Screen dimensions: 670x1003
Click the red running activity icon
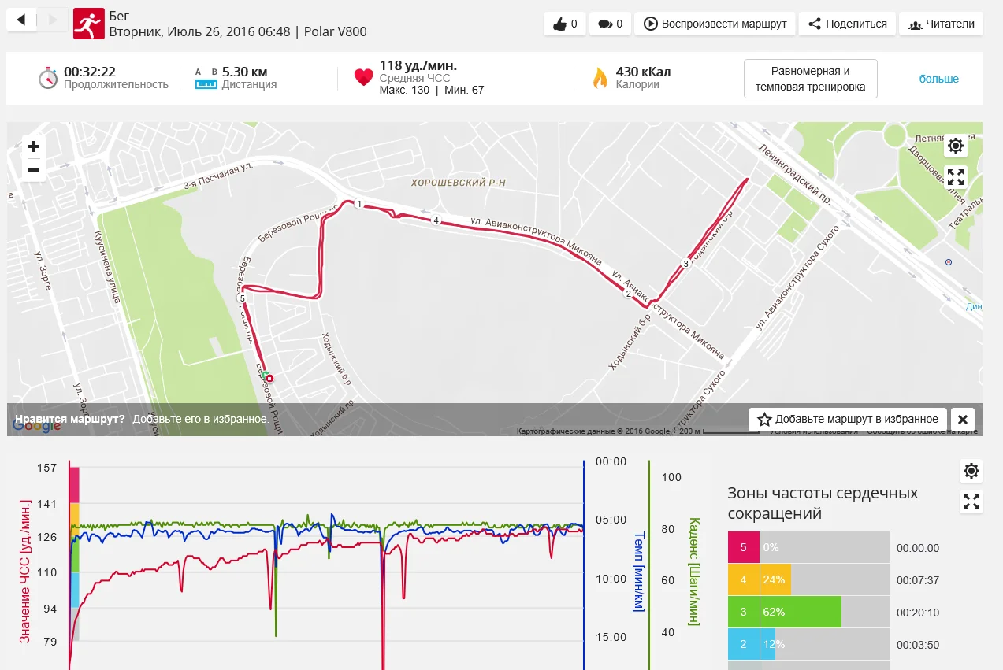88,24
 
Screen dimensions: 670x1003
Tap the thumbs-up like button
565,24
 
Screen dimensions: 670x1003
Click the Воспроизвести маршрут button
715,24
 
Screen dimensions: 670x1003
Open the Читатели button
942,24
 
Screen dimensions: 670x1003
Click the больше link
938,79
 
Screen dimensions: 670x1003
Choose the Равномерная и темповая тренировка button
810,79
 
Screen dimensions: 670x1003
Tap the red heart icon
363,77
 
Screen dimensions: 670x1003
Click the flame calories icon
600,78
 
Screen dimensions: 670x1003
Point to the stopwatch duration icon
48,78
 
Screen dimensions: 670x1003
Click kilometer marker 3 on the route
685,264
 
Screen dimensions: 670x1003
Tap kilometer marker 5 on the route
242,298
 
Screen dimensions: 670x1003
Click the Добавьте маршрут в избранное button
848,419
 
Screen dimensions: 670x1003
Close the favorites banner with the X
963,419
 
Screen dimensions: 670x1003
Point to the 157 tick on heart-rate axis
47,468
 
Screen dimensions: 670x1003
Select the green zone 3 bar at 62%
800,612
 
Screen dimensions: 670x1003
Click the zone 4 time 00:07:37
917,580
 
